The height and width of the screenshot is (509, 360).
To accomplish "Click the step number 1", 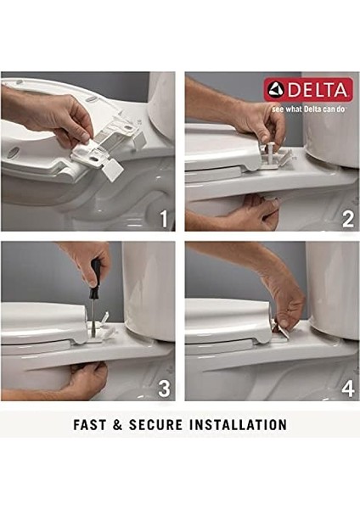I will click(x=165, y=219).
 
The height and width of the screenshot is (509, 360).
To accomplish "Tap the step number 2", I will click(x=346, y=219).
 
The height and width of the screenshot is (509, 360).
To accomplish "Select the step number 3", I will click(x=165, y=389).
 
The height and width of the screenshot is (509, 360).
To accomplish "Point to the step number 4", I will click(x=346, y=389).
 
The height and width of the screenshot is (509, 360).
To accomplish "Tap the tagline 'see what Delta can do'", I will click(x=309, y=109).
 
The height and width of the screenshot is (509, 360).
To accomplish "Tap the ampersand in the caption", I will click(x=121, y=424).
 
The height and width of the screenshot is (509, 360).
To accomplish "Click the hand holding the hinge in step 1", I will click(x=51, y=110).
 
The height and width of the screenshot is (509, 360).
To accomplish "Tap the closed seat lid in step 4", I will click(x=221, y=318).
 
